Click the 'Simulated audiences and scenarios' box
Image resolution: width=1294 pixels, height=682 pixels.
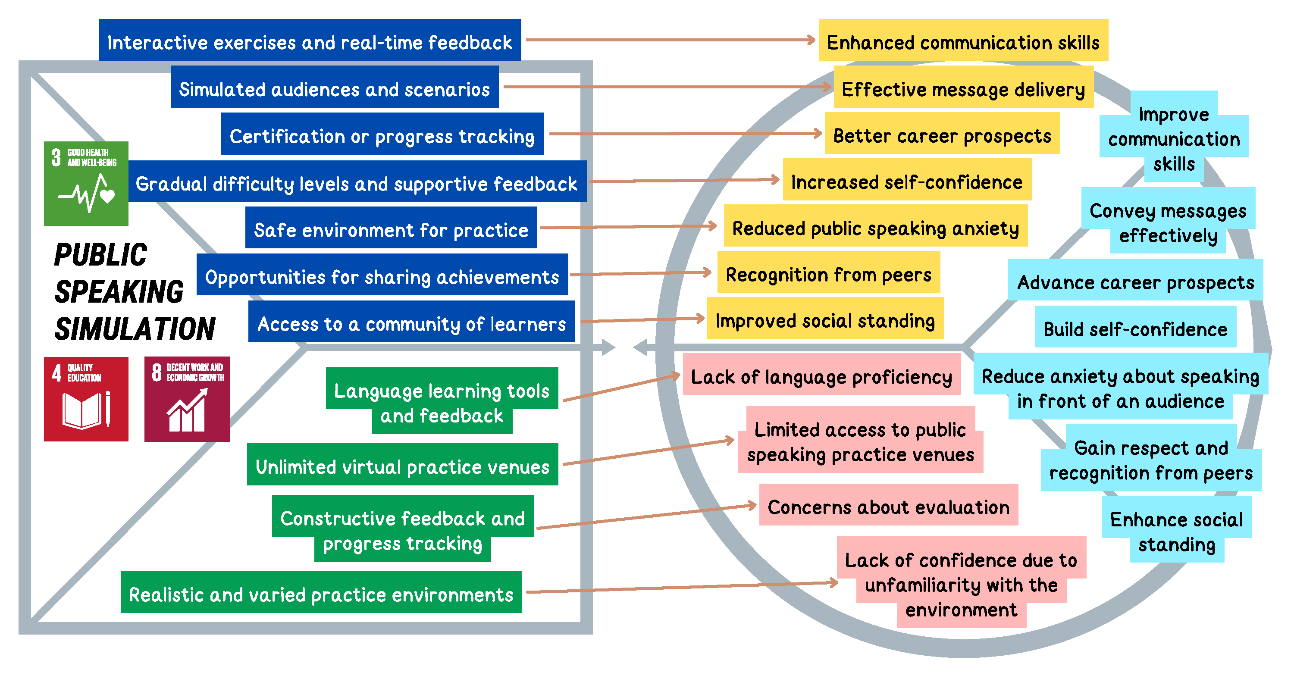click(335, 89)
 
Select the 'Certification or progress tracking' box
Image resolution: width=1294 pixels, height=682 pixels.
click(382, 136)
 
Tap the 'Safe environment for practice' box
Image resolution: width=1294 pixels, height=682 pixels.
click(391, 229)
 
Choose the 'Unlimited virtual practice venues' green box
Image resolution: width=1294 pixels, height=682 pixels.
click(402, 466)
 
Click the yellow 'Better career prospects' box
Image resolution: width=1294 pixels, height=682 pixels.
click(942, 135)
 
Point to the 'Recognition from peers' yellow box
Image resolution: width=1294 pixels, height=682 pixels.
click(828, 274)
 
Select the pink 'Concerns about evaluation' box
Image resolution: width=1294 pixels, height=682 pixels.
click(888, 507)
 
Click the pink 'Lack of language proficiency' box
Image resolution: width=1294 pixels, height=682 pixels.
click(821, 376)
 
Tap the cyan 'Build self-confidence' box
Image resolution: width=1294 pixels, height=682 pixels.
click(1135, 329)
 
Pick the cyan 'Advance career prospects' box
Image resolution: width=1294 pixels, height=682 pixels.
click(1135, 282)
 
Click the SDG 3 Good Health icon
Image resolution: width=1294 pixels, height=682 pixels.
click(86, 183)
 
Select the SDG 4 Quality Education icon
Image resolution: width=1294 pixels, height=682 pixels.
click(86, 399)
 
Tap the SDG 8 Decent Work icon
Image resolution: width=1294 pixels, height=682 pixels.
click(187, 399)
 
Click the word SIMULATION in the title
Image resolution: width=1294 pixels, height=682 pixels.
click(135, 329)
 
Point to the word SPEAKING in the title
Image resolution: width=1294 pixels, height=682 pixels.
click(119, 291)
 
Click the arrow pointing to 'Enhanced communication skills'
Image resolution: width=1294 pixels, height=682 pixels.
click(670, 40)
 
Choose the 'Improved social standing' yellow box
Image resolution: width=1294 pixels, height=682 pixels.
click(825, 320)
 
